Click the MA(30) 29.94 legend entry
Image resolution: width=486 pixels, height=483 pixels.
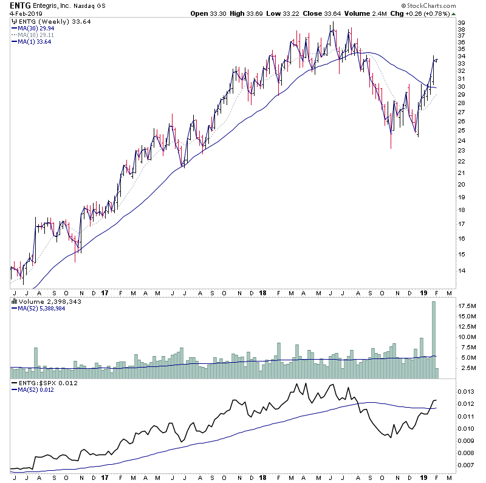tap(37, 27)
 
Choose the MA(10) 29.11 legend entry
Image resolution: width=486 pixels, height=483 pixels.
tap(37, 34)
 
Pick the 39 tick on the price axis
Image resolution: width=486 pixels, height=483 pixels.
tap(462, 22)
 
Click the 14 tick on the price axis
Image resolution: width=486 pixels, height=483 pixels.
tap(462, 272)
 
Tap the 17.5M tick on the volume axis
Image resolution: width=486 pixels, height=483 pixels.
tap(465, 306)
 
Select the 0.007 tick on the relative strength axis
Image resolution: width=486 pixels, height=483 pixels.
tap(465, 465)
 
